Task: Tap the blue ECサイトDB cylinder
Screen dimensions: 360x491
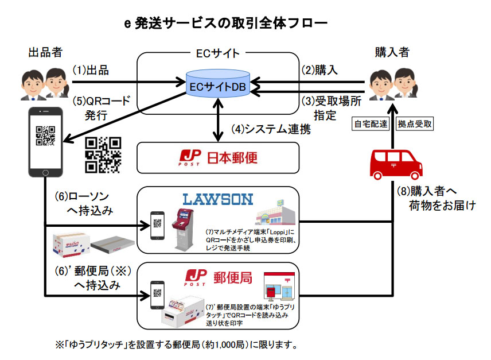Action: pyautogui.click(x=218, y=84)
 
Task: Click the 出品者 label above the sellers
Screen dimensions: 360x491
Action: pyautogui.click(x=45, y=52)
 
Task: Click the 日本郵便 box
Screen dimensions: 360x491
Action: pyautogui.click(x=218, y=157)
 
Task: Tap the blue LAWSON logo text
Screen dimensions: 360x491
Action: pyautogui.click(x=217, y=199)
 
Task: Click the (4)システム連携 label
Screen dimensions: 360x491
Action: pyautogui.click(x=271, y=129)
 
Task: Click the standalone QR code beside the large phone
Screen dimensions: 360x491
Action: pyautogui.click(x=104, y=154)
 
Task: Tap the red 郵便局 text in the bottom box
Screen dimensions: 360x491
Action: pyautogui.click(x=233, y=277)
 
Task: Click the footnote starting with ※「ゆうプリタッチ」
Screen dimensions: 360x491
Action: pyautogui.click(x=176, y=346)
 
